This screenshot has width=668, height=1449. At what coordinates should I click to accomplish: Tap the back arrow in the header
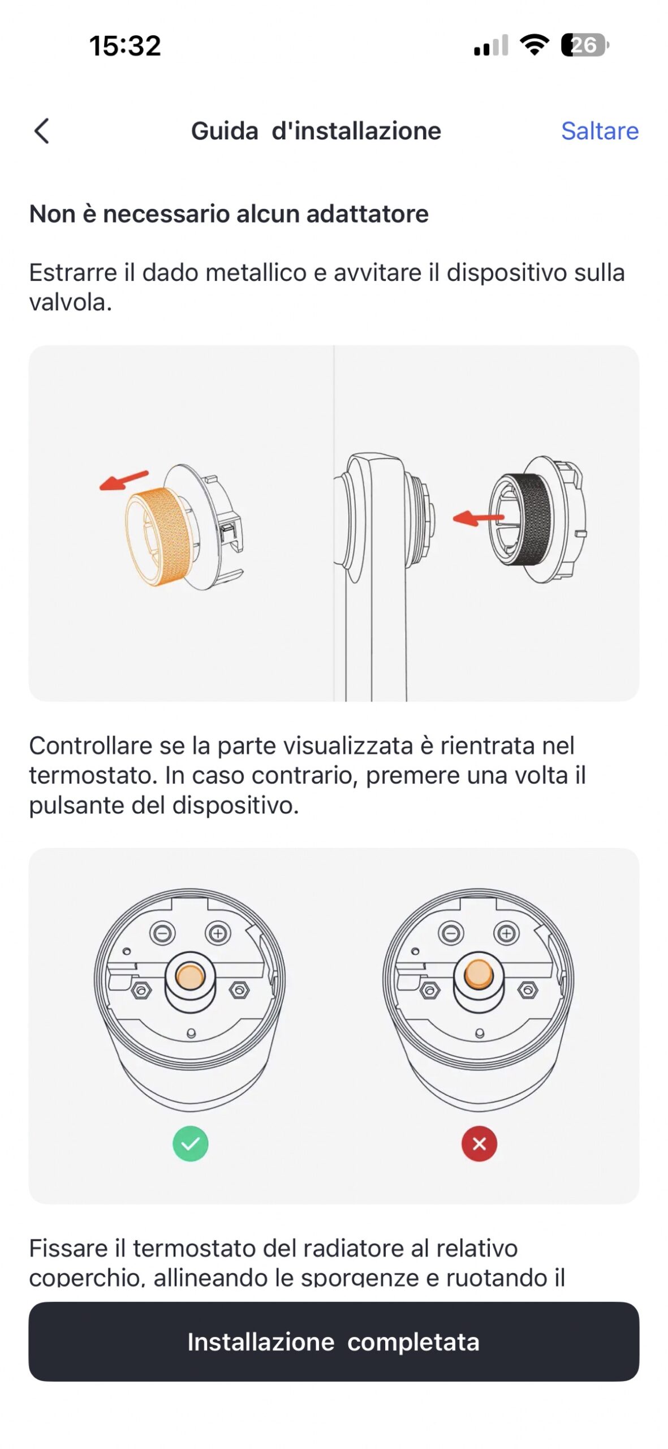point(42,131)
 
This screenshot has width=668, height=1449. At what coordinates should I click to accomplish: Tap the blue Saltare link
point(600,131)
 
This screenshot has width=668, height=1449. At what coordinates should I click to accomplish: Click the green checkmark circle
point(191,1143)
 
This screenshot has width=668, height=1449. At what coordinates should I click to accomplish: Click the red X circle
point(479,1143)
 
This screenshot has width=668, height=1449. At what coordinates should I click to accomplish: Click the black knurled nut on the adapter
point(529,518)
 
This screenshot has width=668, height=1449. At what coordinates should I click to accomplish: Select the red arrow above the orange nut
point(124,480)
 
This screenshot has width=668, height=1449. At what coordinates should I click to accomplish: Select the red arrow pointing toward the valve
point(478,518)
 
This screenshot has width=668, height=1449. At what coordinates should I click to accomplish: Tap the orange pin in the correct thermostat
point(190,976)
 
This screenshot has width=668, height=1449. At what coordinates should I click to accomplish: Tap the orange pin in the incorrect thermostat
point(479,974)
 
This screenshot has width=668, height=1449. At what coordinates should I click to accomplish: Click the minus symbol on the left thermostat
point(162,932)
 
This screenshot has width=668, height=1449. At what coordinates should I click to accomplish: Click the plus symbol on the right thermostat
point(506,932)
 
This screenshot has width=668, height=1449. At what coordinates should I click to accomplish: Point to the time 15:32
point(125,45)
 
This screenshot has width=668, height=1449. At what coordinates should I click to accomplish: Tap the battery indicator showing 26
point(585,45)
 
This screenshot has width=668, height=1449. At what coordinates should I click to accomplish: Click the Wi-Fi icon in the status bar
point(535,45)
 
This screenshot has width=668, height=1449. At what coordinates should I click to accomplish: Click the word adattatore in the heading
point(368,214)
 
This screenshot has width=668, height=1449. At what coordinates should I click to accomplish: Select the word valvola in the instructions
point(71,302)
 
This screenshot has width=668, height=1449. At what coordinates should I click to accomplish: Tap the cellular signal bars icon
point(491,45)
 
